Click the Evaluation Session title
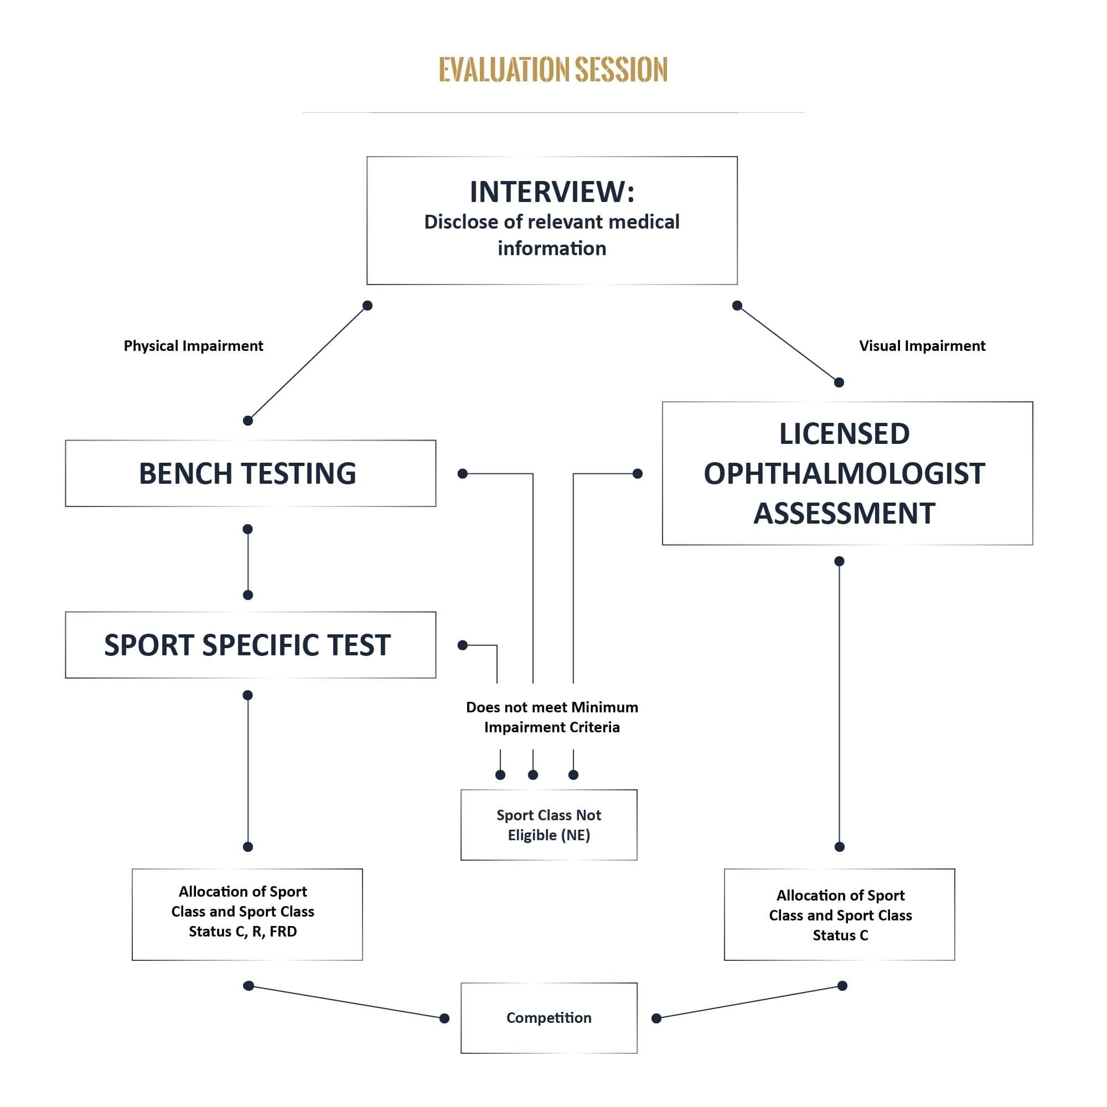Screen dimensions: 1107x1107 click(x=553, y=69)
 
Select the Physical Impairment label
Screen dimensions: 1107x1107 click(x=193, y=346)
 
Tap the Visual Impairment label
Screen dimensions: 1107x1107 click(x=922, y=346)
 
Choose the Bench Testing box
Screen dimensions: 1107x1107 click(x=250, y=473)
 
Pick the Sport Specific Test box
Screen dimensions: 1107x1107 click(x=250, y=645)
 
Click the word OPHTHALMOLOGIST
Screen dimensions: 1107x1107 click(x=844, y=474)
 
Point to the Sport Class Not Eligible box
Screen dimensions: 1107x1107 click(x=549, y=825)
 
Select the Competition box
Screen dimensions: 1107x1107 click(x=549, y=1018)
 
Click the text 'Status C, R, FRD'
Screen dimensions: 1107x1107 click(x=243, y=932)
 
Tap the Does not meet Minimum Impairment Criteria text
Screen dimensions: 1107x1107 click(x=552, y=717)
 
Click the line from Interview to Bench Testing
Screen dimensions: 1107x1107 click(x=308, y=363)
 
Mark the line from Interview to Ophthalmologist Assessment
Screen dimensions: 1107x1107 click(x=788, y=344)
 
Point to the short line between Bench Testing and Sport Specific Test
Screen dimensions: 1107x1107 click(x=248, y=562)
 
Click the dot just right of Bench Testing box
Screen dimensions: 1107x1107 click(x=463, y=474)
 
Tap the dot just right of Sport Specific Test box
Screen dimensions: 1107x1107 click(x=463, y=645)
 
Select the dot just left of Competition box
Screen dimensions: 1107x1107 click(x=444, y=1018)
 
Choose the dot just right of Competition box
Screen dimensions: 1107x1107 click(x=656, y=1018)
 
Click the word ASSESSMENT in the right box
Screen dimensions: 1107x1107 click(x=844, y=514)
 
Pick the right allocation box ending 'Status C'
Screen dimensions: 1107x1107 click(x=840, y=915)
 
